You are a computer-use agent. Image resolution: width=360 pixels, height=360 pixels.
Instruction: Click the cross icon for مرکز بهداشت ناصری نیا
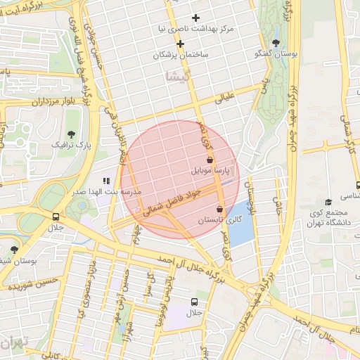(x=195, y=18)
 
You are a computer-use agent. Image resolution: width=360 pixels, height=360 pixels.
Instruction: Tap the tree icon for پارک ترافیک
(x=70, y=134)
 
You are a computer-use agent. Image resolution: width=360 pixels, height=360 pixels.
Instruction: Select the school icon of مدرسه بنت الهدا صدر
(x=107, y=181)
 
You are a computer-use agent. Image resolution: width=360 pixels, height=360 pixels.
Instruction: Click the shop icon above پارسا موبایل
(x=210, y=160)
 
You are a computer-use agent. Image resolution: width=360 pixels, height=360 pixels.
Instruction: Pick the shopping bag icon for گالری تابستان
(x=220, y=209)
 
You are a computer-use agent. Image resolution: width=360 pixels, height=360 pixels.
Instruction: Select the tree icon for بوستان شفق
(x=14, y=249)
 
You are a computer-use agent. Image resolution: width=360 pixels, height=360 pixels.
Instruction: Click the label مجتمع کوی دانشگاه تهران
(x=333, y=219)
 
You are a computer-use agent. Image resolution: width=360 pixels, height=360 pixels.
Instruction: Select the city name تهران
(x=13, y=344)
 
